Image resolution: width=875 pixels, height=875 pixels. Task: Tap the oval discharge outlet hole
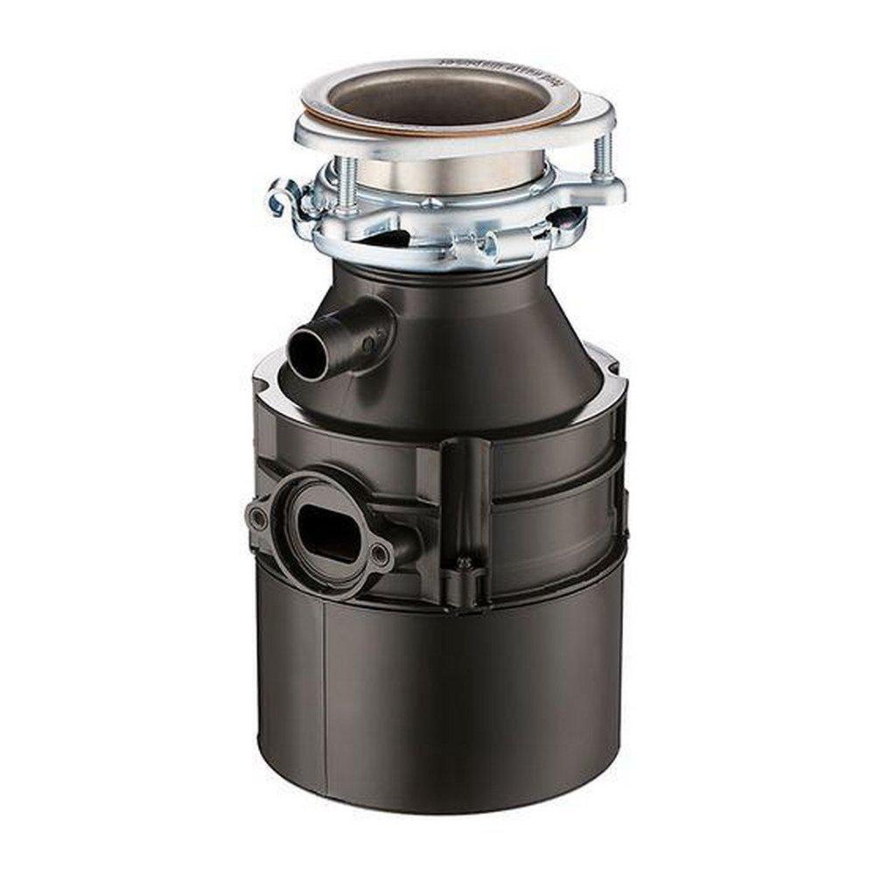click(326, 532)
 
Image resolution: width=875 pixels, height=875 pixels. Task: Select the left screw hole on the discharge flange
click(258, 517)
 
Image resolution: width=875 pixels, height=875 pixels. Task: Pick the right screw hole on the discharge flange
click(379, 554)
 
